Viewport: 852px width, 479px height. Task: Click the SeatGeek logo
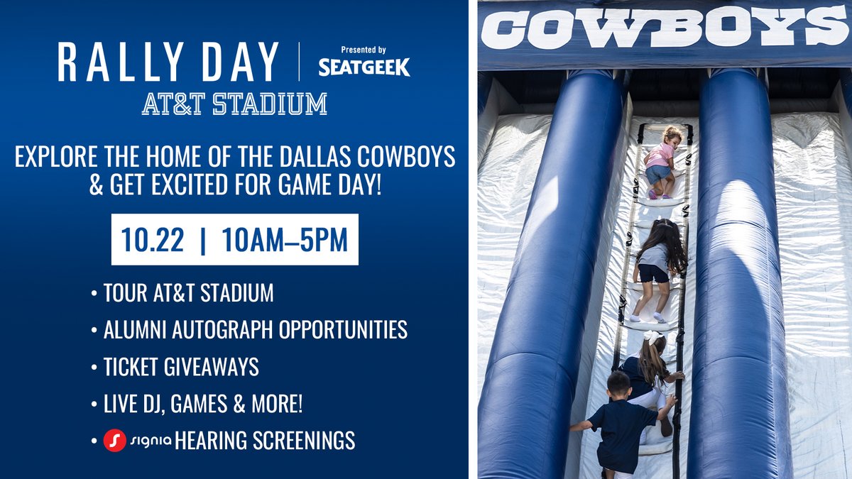click(364, 67)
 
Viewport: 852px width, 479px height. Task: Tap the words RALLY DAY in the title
click(168, 62)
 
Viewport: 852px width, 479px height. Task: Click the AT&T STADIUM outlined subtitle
click(234, 104)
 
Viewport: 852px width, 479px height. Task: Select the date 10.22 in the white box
click(152, 240)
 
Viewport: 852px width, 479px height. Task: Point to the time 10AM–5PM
click(285, 240)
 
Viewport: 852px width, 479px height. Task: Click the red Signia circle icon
click(114, 441)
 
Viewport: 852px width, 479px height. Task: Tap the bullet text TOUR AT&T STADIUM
click(188, 292)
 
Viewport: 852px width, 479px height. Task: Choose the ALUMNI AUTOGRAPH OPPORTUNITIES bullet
click(255, 329)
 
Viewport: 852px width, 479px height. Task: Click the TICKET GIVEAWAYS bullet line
click(181, 367)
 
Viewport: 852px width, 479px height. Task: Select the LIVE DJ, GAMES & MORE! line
click(203, 404)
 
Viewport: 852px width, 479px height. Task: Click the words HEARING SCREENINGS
click(264, 441)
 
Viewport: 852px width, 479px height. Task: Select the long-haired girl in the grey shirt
click(657, 263)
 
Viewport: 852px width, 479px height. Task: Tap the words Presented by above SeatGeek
click(363, 50)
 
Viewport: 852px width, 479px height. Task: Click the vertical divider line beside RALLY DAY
click(299, 62)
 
